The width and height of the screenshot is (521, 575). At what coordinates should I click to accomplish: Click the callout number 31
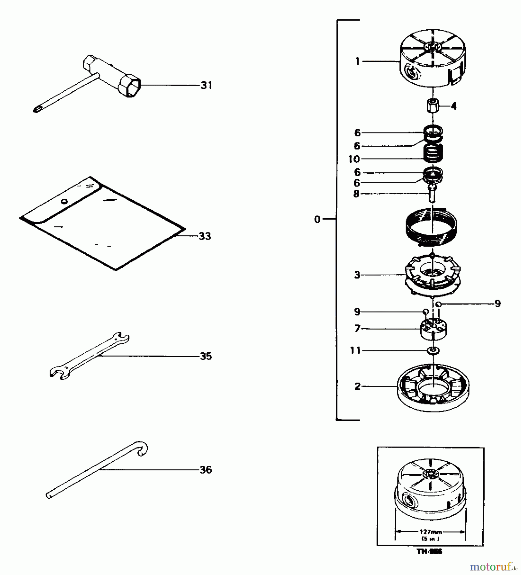click(206, 85)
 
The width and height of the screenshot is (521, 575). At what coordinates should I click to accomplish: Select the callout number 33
click(205, 236)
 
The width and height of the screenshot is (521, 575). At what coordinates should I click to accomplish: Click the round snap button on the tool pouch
click(65, 201)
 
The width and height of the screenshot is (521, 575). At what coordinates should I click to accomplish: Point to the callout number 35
click(206, 356)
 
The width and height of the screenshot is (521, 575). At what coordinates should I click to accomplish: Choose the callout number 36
click(206, 470)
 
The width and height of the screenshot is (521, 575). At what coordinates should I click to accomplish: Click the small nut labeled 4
click(433, 106)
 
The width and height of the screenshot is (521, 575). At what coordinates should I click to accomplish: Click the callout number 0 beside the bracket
click(317, 219)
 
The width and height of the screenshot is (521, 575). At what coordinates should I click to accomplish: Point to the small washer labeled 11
click(433, 351)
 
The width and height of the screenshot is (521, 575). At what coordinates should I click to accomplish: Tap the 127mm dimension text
click(430, 532)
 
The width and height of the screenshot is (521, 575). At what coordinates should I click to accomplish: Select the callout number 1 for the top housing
click(357, 61)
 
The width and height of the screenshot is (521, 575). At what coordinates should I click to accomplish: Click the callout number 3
click(357, 275)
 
